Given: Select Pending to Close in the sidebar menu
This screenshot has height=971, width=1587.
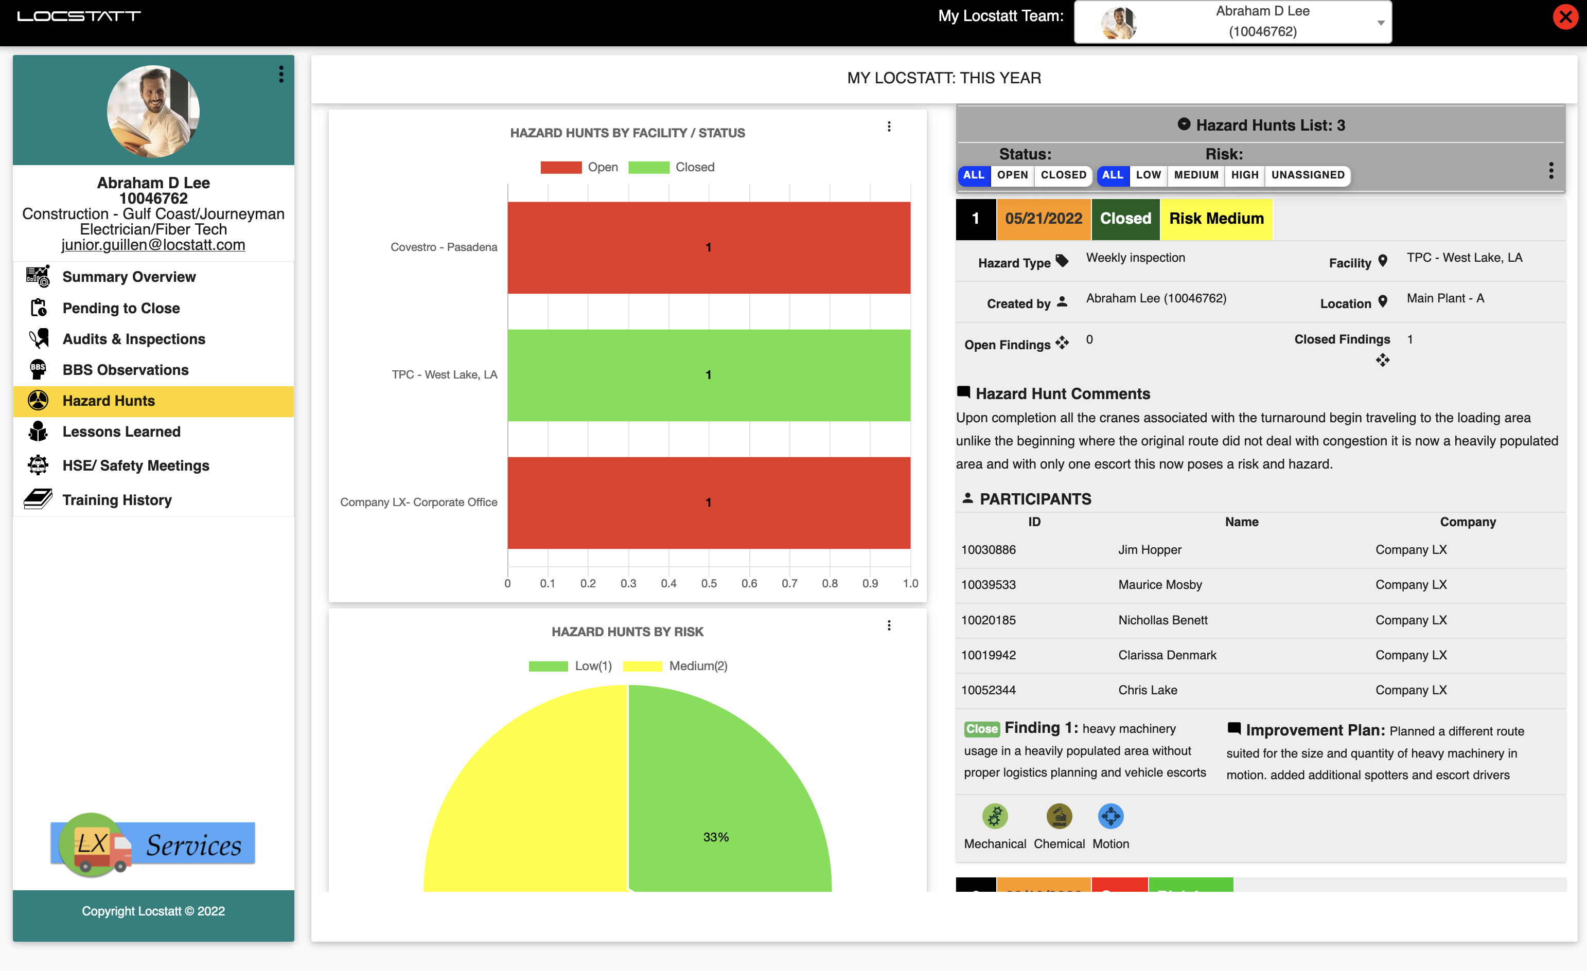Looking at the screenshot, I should [x=120, y=308].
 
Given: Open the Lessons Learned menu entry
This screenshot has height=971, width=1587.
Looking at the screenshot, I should [x=121, y=431].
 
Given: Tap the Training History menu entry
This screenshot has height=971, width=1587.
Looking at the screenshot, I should [x=117, y=500].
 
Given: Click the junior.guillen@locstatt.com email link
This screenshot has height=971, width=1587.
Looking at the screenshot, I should [x=153, y=245].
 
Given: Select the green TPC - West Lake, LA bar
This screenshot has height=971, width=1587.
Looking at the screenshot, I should [x=709, y=375].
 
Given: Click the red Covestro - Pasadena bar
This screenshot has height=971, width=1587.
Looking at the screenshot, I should [x=709, y=247].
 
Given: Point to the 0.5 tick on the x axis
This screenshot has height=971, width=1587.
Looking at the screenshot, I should [x=709, y=583].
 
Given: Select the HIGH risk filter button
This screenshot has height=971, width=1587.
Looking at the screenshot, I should [x=1244, y=175].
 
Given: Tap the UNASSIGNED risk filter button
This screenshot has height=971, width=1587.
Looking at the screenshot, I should [x=1307, y=175].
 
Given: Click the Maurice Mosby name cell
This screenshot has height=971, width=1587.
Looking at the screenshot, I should [x=1160, y=585].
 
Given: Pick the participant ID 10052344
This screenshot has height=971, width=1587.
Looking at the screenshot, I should [x=988, y=690].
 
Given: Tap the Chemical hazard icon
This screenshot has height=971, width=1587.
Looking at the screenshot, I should [x=1059, y=817].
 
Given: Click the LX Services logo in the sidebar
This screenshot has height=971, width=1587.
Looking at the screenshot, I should [x=153, y=843].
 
